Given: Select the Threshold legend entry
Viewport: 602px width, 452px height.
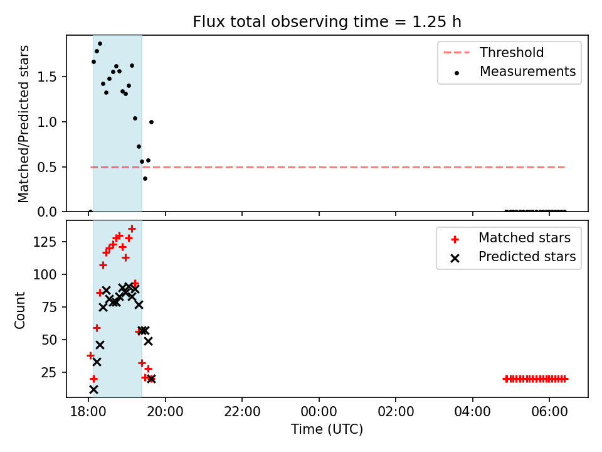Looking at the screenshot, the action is point(494,52).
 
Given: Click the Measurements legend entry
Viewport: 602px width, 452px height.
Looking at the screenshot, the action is point(514,72).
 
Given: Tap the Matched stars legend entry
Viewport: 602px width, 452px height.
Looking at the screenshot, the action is point(510,238).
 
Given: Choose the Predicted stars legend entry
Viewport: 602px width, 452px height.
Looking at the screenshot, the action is point(513,257).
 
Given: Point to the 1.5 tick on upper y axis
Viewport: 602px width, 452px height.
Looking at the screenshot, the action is point(48,77).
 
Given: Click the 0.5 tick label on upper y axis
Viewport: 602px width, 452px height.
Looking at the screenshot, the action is point(48,167).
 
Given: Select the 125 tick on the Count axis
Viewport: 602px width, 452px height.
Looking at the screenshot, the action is point(45,242).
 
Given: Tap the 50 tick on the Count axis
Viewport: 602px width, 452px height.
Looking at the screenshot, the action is point(50,340).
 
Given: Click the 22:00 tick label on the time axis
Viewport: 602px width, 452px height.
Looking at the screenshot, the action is point(242,412).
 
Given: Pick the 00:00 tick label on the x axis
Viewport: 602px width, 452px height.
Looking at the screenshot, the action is point(319,412).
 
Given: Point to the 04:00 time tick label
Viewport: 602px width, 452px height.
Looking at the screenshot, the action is point(473,412).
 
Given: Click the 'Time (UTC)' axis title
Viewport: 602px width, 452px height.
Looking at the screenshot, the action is point(327,429).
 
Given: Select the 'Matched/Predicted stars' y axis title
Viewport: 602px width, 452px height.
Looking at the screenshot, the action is point(23,124).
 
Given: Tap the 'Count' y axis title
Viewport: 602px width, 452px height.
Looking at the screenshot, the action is point(19,310).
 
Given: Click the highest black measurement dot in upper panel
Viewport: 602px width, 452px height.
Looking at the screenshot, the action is point(100,43).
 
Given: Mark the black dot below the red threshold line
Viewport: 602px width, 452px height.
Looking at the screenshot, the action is point(145,179).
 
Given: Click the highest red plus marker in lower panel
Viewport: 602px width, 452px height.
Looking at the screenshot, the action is point(132,229).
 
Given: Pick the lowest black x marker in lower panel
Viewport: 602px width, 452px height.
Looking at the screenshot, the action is point(93,390).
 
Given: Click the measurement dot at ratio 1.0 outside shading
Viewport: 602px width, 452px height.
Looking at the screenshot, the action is point(151,122).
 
